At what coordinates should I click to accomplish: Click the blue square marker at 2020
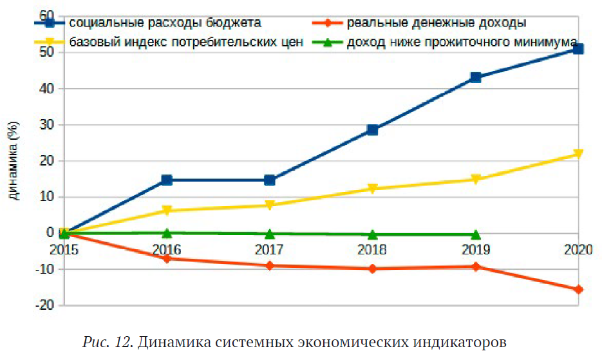(578, 49)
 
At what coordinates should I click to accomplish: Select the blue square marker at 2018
(372, 129)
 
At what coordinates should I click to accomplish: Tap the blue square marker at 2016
(167, 180)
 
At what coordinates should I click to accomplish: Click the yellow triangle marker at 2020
(578, 154)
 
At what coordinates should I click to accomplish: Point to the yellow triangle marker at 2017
(269, 205)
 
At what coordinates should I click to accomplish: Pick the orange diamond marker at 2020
(578, 290)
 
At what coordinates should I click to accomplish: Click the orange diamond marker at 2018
(372, 269)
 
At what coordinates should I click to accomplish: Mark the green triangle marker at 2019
(475, 234)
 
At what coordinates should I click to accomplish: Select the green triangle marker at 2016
(167, 232)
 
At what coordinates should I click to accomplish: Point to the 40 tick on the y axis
(46, 88)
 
